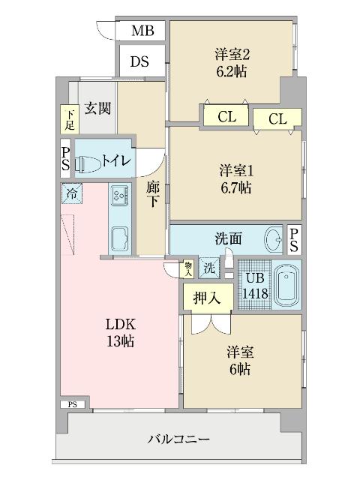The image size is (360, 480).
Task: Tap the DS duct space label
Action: [x=139, y=61]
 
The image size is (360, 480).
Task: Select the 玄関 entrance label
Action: [x=97, y=108]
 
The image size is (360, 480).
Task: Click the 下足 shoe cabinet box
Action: [x=69, y=118]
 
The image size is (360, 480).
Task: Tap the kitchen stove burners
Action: [x=118, y=196]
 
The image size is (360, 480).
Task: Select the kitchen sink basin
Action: [x=120, y=239]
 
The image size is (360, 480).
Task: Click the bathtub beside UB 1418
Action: [x=287, y=286]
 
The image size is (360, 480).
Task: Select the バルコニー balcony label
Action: [x=178, y=439]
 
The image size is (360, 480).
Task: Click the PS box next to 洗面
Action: [x=294, y=239]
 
